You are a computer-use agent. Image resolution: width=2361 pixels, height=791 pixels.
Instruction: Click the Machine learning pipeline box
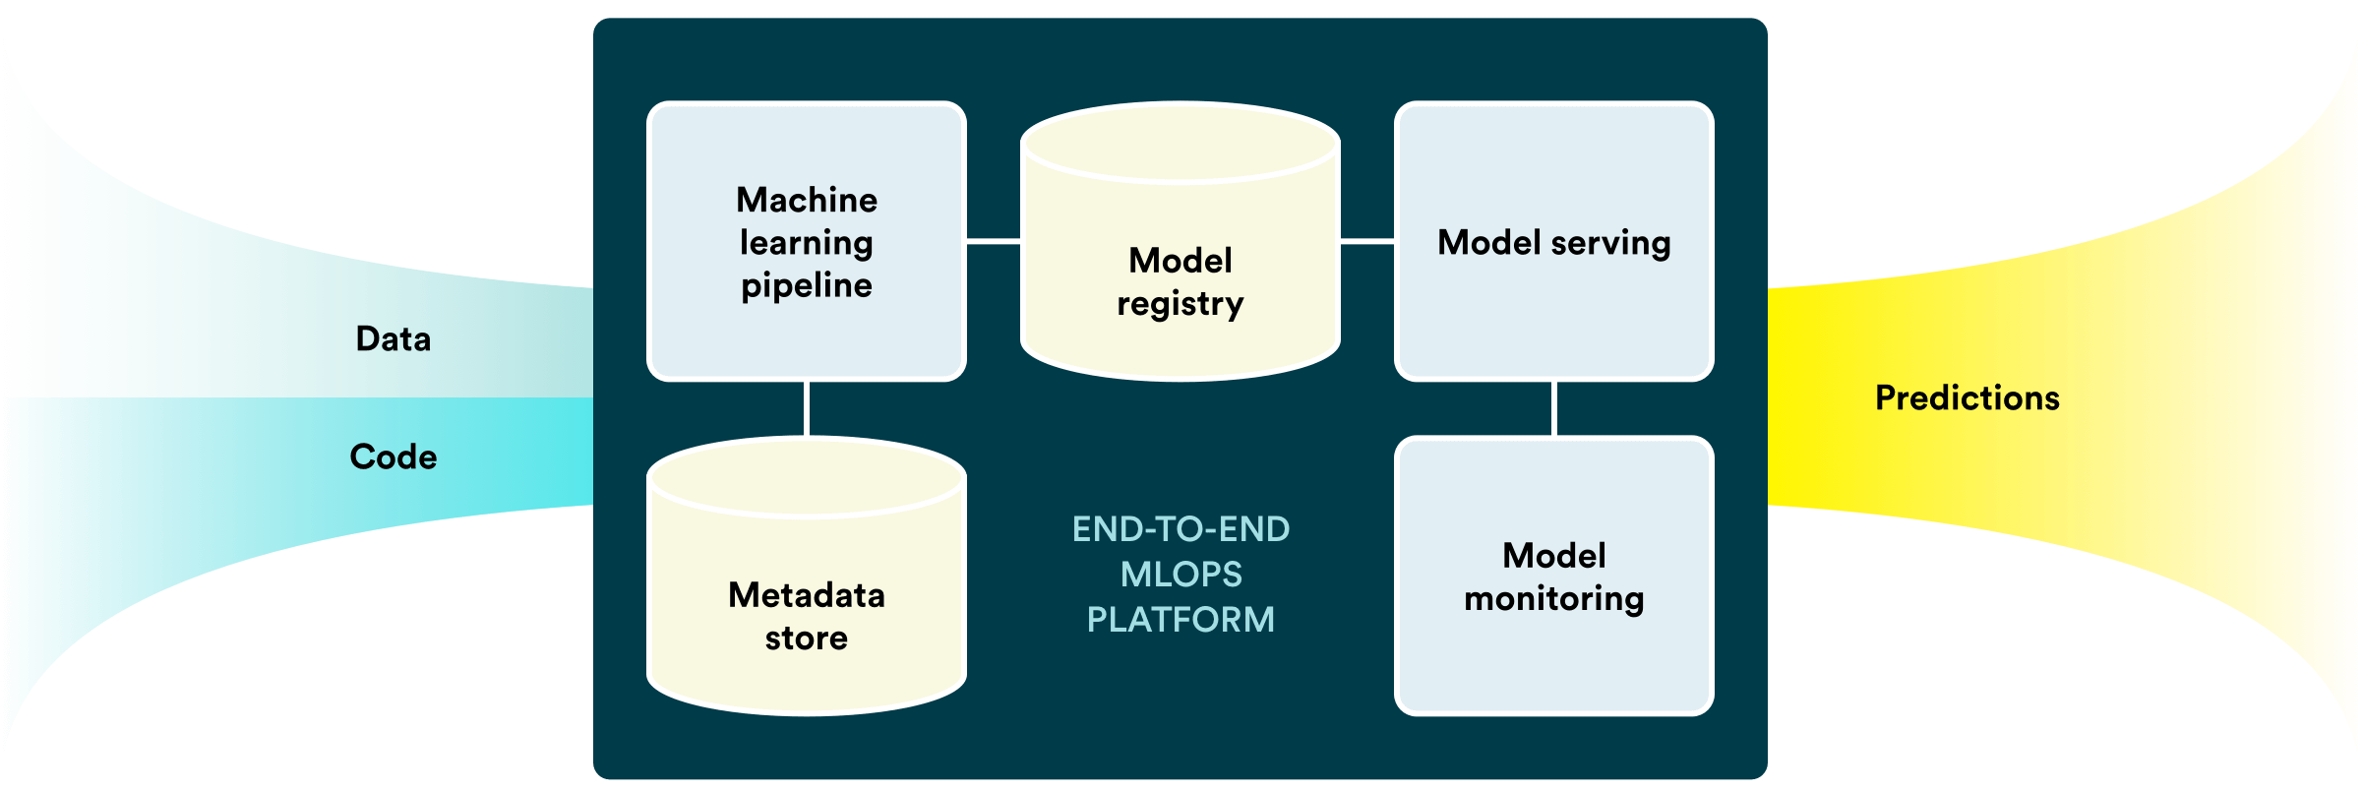[807, 241]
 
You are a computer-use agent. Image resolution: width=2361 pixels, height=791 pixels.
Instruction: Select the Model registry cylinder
[1180, 241]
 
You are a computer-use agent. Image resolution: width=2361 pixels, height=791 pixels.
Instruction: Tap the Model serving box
[1554, 241]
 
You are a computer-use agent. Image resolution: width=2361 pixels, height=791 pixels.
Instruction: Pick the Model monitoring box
[1554, 576]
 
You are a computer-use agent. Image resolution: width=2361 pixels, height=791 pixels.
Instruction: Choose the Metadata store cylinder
[807, 576]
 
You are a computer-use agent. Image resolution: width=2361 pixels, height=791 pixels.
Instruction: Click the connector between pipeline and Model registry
[994, 241]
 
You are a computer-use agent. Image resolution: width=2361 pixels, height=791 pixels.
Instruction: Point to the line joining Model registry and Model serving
[1367, 241]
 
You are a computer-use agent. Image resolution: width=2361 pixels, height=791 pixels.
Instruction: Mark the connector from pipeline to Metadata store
[807, 409]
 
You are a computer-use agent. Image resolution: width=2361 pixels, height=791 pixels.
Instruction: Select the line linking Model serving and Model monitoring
[1554, 408]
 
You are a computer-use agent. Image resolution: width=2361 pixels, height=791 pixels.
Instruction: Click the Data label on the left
[393, 339]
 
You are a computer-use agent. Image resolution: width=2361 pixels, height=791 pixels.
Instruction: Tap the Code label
[393, 457]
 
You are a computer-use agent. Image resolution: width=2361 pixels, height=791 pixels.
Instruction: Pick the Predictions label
[1967, 398]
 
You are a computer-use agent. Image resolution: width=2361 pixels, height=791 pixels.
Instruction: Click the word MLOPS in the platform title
[1181, 575]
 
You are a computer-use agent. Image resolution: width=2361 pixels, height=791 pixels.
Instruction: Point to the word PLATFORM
[1180, 620]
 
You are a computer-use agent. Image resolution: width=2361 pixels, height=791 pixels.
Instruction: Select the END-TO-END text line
[1180, 529]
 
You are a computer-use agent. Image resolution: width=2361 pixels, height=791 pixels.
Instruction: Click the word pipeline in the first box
[807, 286]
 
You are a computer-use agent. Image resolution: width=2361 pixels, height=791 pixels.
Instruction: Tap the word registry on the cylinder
[1180, 305]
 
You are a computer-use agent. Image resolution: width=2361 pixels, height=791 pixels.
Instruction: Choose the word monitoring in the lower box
[1554, 599]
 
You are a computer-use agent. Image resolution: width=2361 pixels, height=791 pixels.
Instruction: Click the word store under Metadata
[807, 639]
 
